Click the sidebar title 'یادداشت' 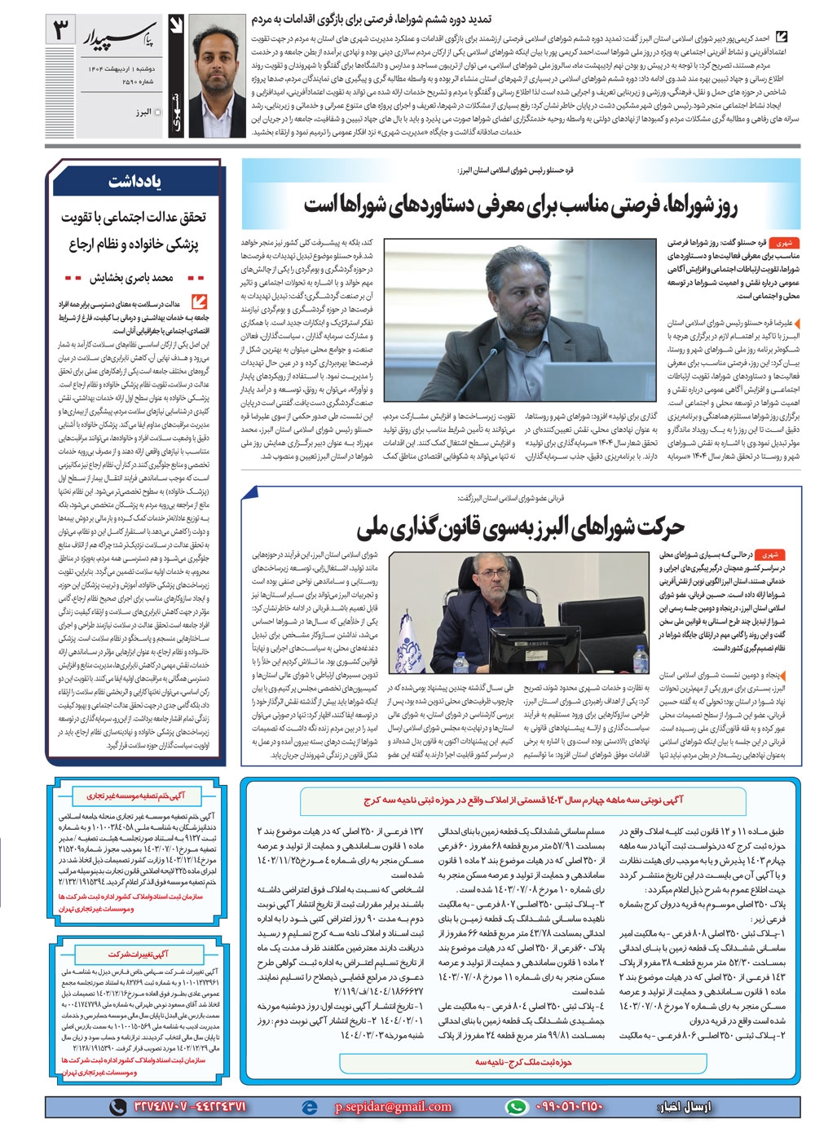pos(135,183)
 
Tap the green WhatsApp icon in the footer pos(515,1106)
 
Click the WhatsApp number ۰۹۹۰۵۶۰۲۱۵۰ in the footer pos(570,1106)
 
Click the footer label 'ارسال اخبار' pos(683,1107)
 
